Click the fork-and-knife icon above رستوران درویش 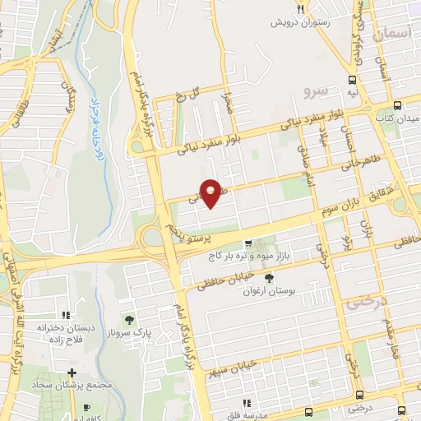(301, 8)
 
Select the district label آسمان (389, 34)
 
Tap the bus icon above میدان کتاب (398, 105)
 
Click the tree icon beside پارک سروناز (127, 317)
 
